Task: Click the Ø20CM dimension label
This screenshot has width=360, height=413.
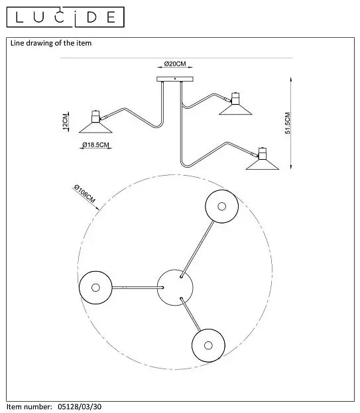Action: pyautogui.click(x=175, y=64)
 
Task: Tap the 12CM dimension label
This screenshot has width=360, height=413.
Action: pyautogui.click(x=65, y=122)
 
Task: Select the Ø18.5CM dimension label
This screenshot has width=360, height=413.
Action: pyautogui.click(x=95, y=145)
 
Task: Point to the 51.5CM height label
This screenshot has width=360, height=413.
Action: pyautogui.click(x=287, y=123)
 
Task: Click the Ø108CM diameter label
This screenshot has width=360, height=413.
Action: pyautogui.click(x=85, y=194)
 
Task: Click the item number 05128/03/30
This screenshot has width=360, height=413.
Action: pyautogui.click(x=80, y=406)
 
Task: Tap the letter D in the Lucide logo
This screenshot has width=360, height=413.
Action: pyautogui.click(x=91, y=17)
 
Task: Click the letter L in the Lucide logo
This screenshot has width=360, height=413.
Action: pyautogui.click(x=19, y=17)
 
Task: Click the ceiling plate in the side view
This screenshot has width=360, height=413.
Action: pyautogui.click(x=175, y=79)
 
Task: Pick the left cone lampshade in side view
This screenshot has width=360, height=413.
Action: pyautogui.click(x=95, y=128)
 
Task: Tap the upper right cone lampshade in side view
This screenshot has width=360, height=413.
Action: pyautogui.click(x=235, y=110)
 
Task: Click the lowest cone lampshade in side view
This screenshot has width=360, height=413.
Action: pyautogui.click(x=263, y=164)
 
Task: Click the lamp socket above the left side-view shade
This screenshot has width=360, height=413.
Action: pyautogui.click(x=95, y=117)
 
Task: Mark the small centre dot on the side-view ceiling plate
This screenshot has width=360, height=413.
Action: pyautogui.click(x=175, y=78)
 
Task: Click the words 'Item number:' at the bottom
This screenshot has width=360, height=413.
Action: pyautogui.click(x=29, y=406)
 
